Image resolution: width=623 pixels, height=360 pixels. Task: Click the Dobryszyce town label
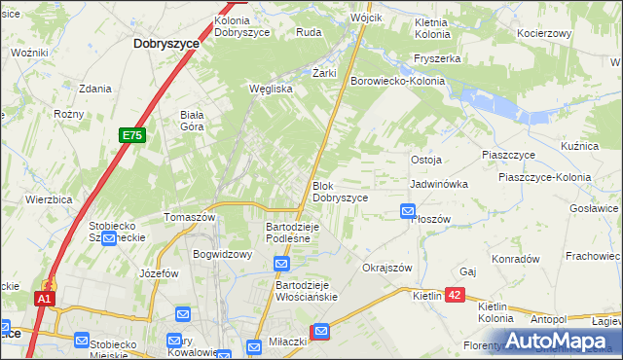166,44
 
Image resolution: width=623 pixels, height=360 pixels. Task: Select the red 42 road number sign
458,295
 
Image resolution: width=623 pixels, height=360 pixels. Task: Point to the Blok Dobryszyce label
340,191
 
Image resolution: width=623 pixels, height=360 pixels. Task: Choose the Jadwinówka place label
439,183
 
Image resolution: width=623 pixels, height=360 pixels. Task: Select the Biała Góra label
191,120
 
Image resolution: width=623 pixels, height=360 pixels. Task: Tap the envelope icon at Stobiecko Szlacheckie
109,238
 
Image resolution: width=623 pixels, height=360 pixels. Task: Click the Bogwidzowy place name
223,254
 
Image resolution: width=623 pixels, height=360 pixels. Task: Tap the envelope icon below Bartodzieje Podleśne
281,264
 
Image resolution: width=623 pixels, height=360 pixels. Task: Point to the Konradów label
515,260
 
